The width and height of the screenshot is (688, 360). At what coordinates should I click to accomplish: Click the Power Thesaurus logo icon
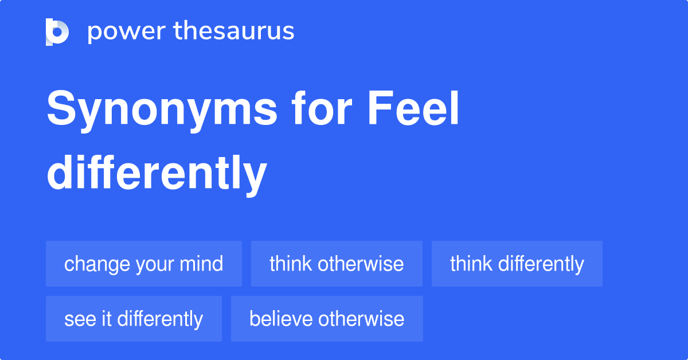coord(57,32)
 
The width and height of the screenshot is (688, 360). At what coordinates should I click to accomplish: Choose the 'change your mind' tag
coord(144,264)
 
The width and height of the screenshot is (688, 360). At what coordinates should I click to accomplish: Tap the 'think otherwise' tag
coord(337,264)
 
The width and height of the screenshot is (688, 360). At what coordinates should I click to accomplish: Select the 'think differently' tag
coord(517,264)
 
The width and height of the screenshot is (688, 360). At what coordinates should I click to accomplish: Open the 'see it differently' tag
coord(134,319)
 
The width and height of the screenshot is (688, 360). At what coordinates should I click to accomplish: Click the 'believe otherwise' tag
coord(327,319)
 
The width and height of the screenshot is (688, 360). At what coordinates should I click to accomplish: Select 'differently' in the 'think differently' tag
coord(541,264)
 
